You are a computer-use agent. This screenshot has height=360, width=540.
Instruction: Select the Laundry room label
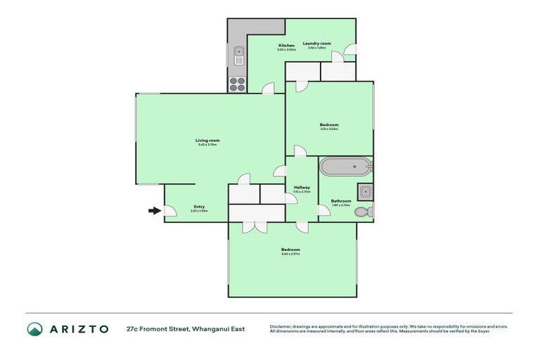[316, 44]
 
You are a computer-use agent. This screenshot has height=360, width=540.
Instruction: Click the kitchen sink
[239, 54]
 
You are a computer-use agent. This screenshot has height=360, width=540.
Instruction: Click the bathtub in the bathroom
[345, 167]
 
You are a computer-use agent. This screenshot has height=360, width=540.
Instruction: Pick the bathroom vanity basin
[365, 191]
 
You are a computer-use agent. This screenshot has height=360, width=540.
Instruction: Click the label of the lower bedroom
[291, 251]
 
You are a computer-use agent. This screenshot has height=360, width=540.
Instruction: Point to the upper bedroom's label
[329, 127]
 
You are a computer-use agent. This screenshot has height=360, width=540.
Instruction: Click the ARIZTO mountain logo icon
[34, 329]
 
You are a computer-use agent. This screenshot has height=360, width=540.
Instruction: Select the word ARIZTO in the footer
[78, 329]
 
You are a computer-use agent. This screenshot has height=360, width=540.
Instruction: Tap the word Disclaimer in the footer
[281, 326]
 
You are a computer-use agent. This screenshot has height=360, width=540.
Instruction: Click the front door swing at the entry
[169, 210]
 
